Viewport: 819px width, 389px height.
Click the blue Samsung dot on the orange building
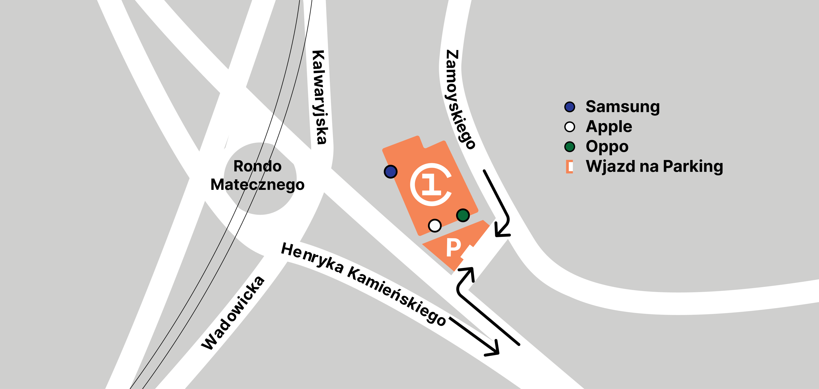(x=391, y=171)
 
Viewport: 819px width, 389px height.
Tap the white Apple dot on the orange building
(x=435, y=226)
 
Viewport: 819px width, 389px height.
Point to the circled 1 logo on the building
(x=431, y=184)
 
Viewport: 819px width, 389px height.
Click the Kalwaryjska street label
(x=319, y=97)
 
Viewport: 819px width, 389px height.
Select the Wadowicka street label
(x=233, y=313)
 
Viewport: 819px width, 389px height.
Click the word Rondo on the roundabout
(x=257, y=166)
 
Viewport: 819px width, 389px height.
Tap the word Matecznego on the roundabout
(x=257, y=184)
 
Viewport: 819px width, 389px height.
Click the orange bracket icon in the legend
(x=569, y=167)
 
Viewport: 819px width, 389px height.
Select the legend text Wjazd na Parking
(x=654, y=166)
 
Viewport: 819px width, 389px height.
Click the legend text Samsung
(x=623, y=107)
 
